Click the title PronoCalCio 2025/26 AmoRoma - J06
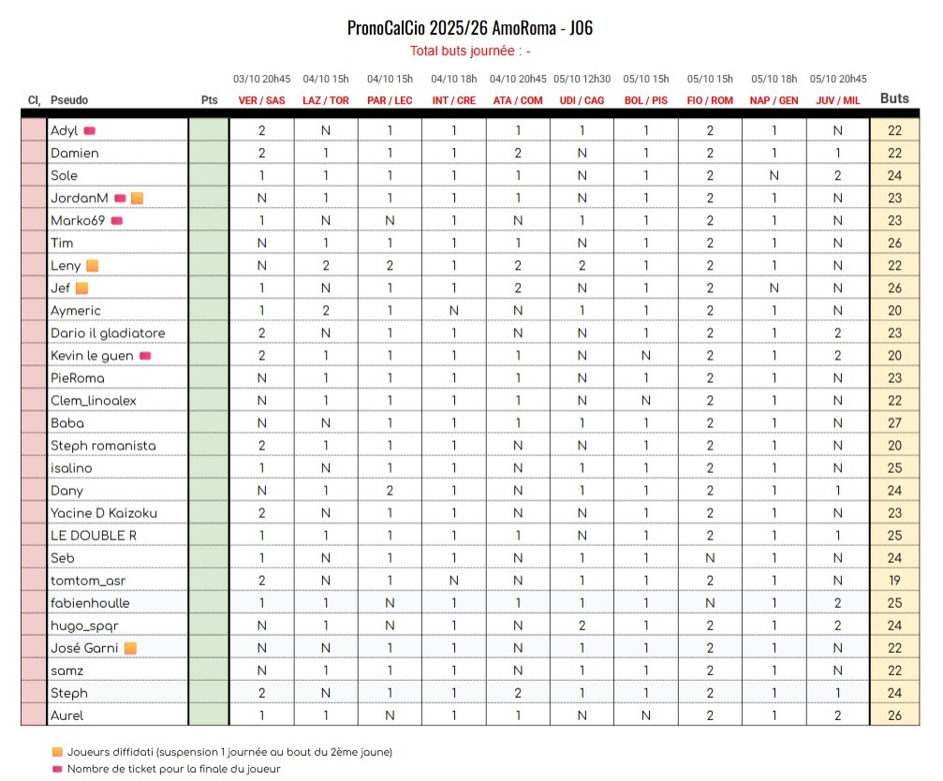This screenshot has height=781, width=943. point(469,28)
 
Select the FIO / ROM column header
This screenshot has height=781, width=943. point(710,100)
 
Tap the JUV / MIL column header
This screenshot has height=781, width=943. point(837,100)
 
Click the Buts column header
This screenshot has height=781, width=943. point(894,98)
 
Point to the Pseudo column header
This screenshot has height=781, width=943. point(69,100)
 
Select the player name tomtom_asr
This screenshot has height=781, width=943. point(88,581)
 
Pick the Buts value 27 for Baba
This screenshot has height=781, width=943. point(894,423)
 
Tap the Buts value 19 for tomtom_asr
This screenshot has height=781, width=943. point(894,581)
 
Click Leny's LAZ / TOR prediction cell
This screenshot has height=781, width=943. point(326,266)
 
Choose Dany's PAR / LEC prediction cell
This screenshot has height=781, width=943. point(390,491)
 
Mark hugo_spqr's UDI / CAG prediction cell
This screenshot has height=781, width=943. point(582,626)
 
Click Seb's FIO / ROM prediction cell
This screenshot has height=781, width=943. point(710,558)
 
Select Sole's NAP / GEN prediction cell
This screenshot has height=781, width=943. point(774,175)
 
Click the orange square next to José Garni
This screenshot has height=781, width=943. point(131,648)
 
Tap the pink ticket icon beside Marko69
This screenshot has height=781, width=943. point(117,221)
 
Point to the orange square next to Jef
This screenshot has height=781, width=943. point(81,288)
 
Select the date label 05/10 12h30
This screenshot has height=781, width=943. point(582,80)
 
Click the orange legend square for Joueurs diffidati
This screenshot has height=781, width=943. point(57,752)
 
